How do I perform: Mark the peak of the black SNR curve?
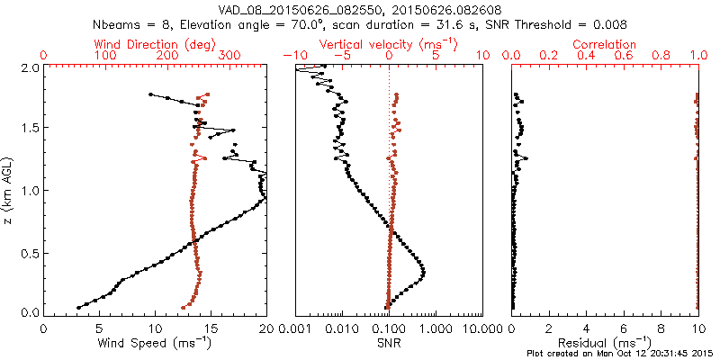(424, 273)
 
